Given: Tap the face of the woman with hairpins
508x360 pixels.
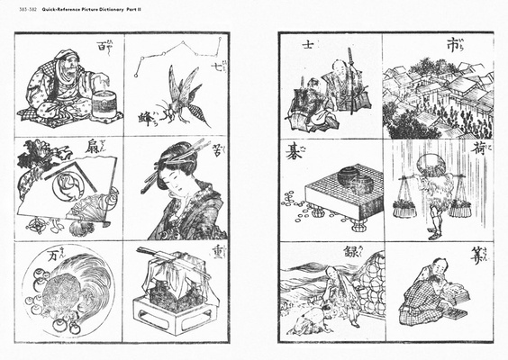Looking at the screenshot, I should [x=171, y=184].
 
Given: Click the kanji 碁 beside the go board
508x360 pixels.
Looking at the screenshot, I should [x=293, y=150].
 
